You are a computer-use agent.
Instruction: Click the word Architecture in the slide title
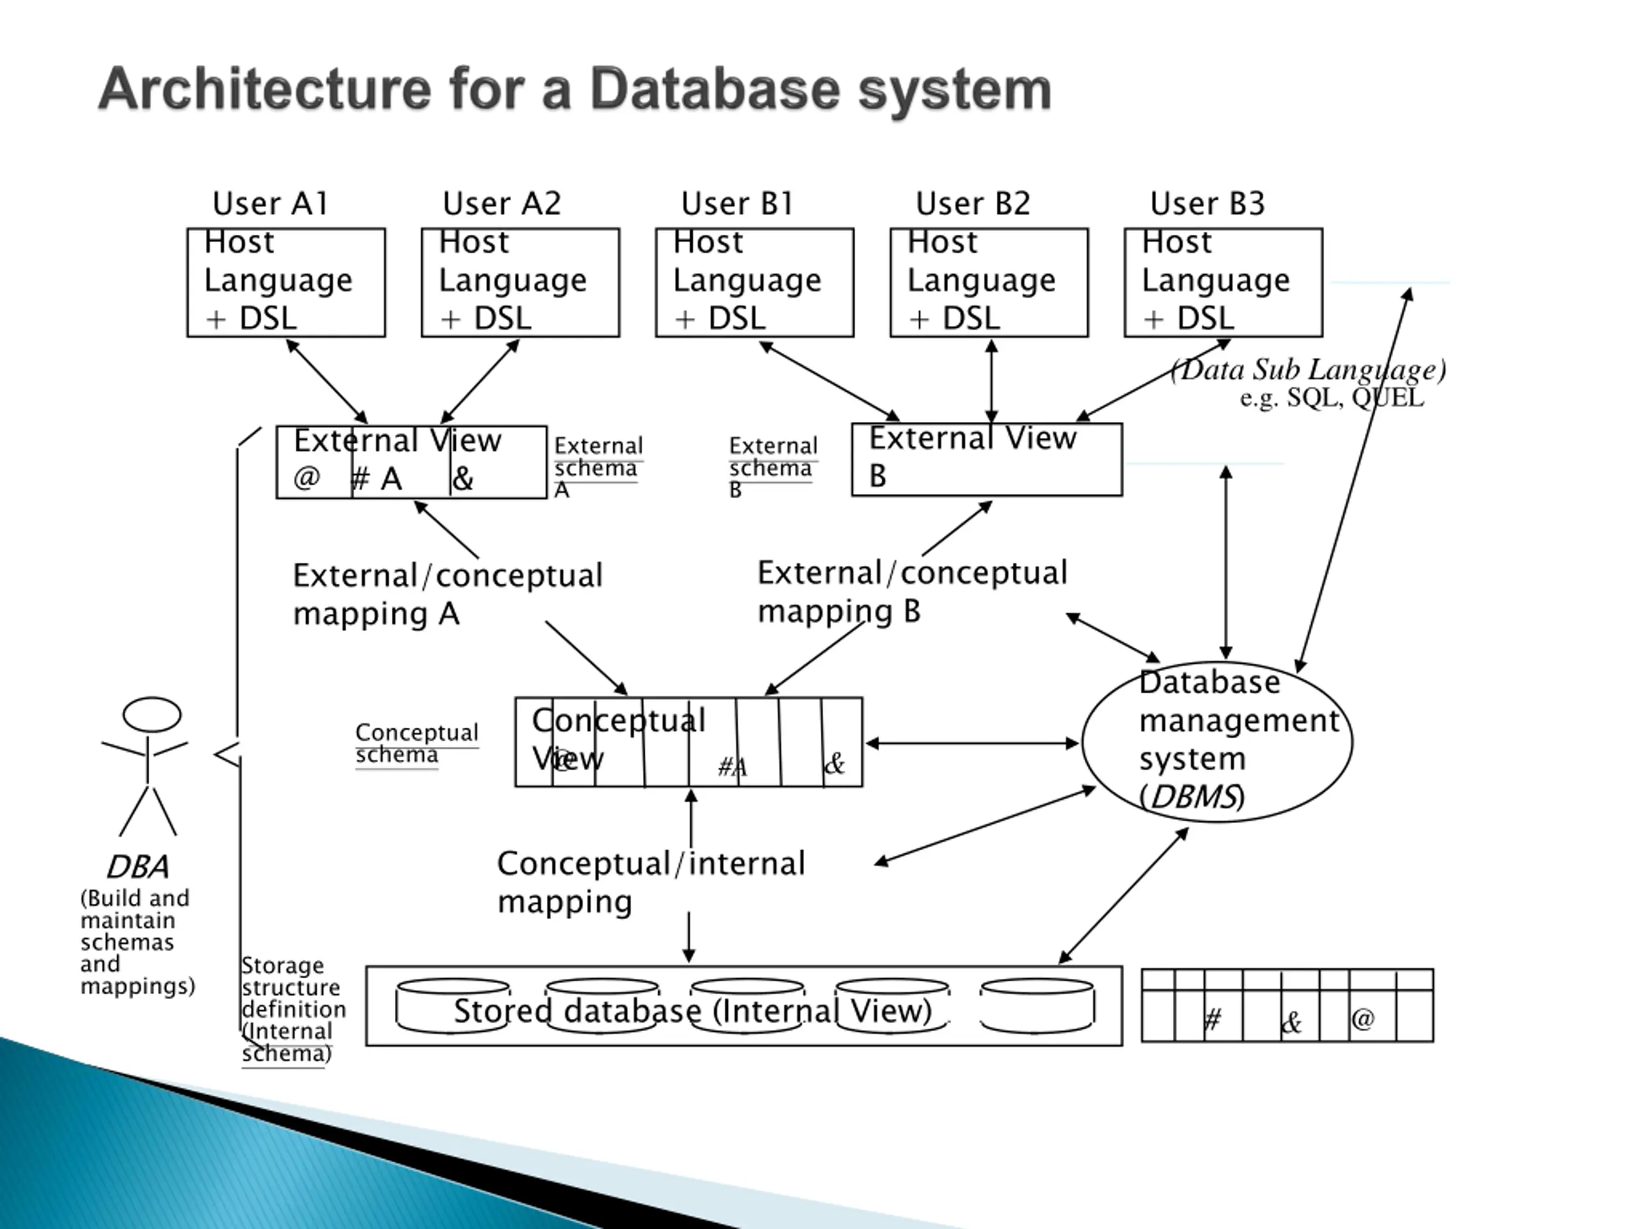[265, 89]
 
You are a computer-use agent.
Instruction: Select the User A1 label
[270, 204]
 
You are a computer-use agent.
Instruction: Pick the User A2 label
[503, 204]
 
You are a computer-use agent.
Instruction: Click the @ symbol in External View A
[307, 478]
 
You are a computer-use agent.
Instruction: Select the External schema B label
[773, 467]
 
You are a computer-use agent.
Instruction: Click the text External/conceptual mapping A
[448, 595]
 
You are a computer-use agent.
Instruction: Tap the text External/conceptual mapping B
[912, 592]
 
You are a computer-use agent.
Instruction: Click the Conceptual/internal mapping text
[650, 882]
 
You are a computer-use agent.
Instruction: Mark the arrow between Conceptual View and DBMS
[972, 743]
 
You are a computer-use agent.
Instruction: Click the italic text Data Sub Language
[1309, 369]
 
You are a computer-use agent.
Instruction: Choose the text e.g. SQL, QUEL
[1332, 398]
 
